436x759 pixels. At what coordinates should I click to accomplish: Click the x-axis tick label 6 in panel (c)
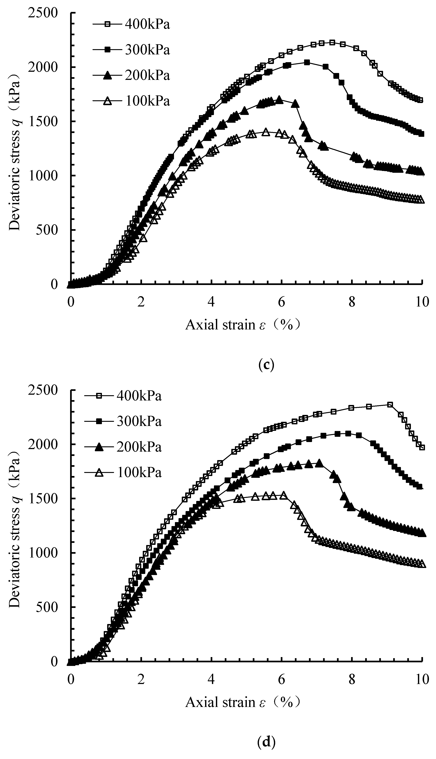coord(282,302)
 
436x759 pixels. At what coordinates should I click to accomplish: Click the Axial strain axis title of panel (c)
coord(242,325)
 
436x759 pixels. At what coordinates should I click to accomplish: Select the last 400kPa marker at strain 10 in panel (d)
coord(422,447)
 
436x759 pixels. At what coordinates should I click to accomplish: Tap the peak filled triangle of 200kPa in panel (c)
coord(279,99)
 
